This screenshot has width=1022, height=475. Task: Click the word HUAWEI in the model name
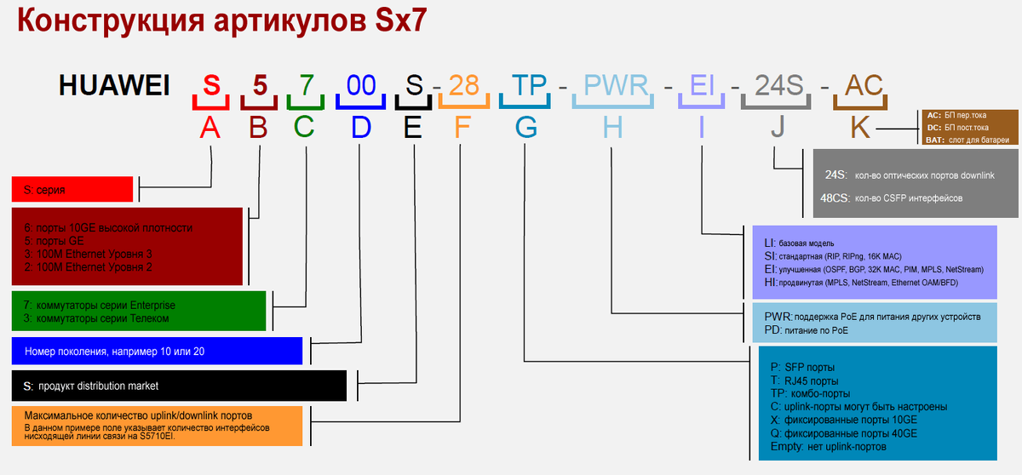point(114,85)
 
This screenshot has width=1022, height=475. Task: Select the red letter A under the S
point(210,128)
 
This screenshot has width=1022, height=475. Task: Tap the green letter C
point(305,128)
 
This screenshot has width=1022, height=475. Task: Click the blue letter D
point(361,128)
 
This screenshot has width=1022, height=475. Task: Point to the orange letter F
point(462,128)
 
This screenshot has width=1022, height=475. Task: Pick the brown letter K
point(860,128)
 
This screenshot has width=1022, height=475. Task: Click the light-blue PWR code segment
point(617,85)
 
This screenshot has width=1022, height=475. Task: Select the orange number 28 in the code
point(463,85)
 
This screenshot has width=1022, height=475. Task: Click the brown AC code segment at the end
point(864,85)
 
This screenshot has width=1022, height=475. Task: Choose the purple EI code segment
point(703,85)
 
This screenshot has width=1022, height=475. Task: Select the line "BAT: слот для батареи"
point(968,140)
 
